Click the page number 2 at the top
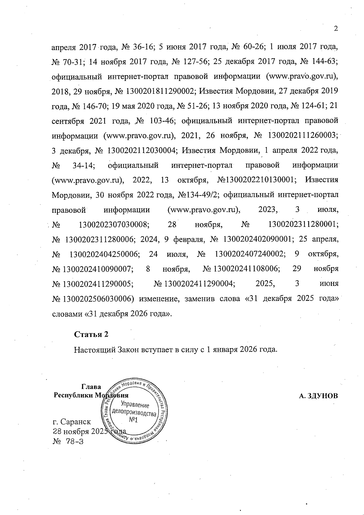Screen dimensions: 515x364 pyautogui.click(x=335, y=29)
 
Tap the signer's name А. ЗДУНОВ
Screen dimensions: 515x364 pyautogui.click(x=318, y=396)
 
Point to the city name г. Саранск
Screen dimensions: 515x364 pyautogui.click(x=72, y=422)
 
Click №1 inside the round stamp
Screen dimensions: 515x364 pyautogui.click(x=133, y=420)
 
